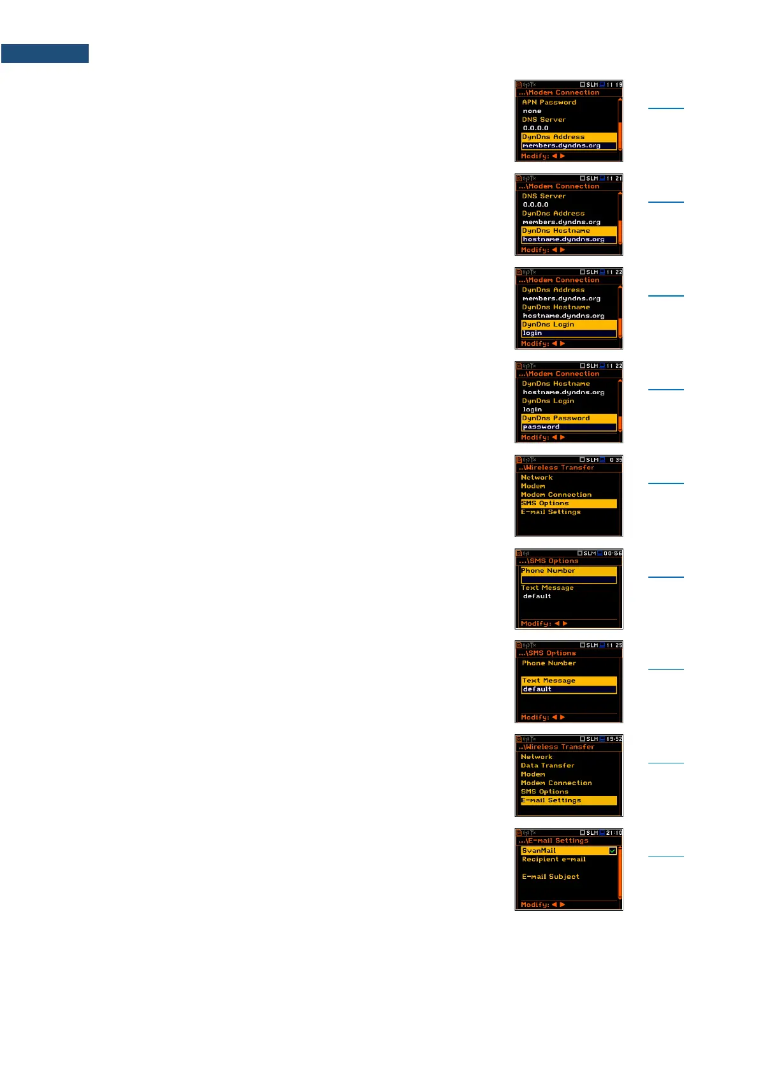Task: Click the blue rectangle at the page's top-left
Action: click(45, 54)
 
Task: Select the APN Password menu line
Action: click(549, 102)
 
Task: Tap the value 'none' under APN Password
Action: click(532, 111)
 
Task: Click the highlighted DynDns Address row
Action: click(568, 137)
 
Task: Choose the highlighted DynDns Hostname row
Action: click(568, 231)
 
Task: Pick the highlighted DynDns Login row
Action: click(568, 325)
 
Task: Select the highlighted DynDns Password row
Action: click(568, 418)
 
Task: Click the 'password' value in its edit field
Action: click(541, 427)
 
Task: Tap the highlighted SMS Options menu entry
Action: click(568, 503)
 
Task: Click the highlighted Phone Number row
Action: click(568, 571)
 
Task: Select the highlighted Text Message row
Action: click(568, 680)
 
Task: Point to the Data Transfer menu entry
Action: click(548, 765)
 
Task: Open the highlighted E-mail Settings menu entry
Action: click(568, 800)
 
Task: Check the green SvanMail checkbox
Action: click(613, 851)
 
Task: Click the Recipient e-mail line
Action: click(553, 860)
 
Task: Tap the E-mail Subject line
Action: click(551, 877)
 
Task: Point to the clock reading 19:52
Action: click(614, 739)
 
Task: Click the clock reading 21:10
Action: click(614, 833)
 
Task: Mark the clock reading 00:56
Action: click(613, 554)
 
